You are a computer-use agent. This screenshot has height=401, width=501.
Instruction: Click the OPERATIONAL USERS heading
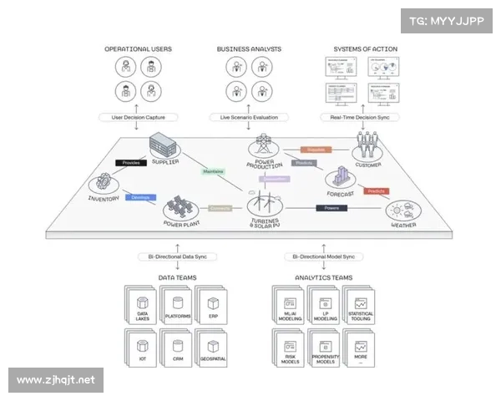tap(139, 49)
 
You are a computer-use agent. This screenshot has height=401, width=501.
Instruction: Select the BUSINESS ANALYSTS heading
tap(250, 49)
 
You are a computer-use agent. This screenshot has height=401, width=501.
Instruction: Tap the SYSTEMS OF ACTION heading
tap(365, 49)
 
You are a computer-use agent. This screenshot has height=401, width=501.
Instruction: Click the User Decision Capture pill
tap(139, 117)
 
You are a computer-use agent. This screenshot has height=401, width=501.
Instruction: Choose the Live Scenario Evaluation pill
tap(250, 117)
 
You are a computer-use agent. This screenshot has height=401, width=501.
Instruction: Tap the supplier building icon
tap(164, 148)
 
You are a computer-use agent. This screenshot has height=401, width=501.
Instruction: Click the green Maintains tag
tap(213, 171)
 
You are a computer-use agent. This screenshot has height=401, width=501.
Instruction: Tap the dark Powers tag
tap(331, 207)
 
